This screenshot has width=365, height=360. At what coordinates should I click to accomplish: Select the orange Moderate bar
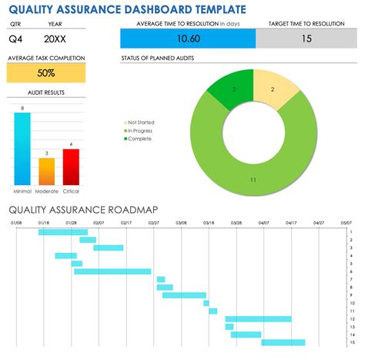pos(47,170)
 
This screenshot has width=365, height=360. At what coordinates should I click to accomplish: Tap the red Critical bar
pos(71,166)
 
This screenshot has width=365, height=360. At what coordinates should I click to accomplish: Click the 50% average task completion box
pos(46,72)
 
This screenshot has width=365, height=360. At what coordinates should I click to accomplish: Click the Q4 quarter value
pos(17,38)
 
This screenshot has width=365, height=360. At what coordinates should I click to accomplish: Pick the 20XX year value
pos(55,38)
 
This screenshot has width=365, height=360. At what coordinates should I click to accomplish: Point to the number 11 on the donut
pos(253,180)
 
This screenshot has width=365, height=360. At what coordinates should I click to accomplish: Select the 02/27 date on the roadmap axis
pos(154,223)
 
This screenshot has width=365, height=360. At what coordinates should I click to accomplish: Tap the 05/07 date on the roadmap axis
pos(347,223)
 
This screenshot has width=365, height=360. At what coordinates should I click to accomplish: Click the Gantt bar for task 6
pos(112,271)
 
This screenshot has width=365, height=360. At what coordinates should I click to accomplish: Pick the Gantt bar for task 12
pos(258,318)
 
